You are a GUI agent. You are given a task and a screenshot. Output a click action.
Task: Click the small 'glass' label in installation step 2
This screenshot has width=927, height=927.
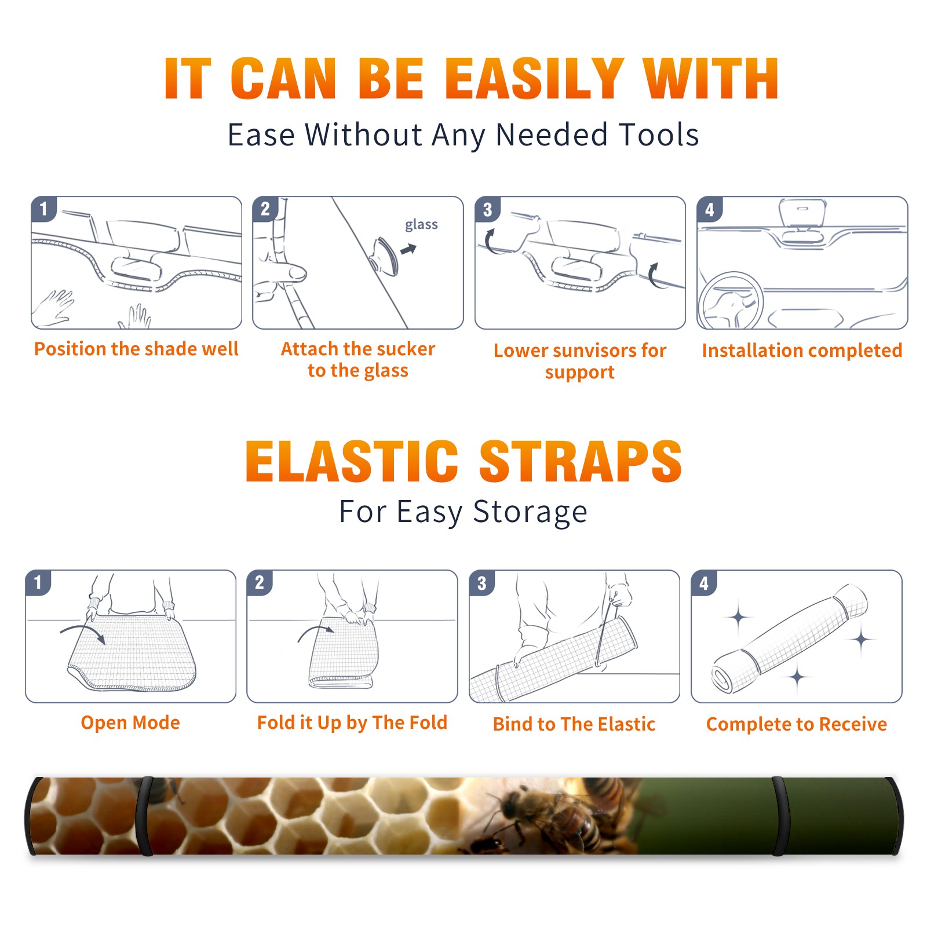pyautogui.click(x=421, y=225)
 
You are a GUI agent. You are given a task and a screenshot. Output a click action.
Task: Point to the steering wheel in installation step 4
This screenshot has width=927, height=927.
pyautogui.click(x=731, y=301)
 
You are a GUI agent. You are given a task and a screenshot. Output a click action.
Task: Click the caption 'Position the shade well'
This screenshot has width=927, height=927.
pyautogui.click(x=136, y=349)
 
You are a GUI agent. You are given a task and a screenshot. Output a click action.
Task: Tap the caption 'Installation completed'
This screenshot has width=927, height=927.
pyautogui.click(x=802, y=350)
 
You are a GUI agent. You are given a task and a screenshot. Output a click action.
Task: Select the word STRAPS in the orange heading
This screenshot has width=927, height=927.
pyautogui.click(x=581, y=461)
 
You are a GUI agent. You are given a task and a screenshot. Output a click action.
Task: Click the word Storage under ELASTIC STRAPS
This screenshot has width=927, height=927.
pyautogui.click(x=530, y=512)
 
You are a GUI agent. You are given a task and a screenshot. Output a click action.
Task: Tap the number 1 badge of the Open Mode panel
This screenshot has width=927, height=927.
pyautogui.click(x=38, y=582)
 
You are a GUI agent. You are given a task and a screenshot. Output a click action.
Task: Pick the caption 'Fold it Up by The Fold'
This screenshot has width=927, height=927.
pyautogui.click(x=352, y=722)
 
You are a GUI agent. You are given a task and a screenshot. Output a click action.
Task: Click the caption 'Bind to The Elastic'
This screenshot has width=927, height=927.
pyautogui.click(x=574, y=724)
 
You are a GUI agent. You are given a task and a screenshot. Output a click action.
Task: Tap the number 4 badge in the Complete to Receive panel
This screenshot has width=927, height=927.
pyautogui.click(x=704, y=583)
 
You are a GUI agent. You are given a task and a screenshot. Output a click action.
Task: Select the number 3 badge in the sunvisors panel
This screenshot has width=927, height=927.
pyautogui.click(x=487, y=209)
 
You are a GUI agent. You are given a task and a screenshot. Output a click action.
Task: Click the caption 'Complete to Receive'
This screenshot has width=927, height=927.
pyautogui.click(x=797, y=724)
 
